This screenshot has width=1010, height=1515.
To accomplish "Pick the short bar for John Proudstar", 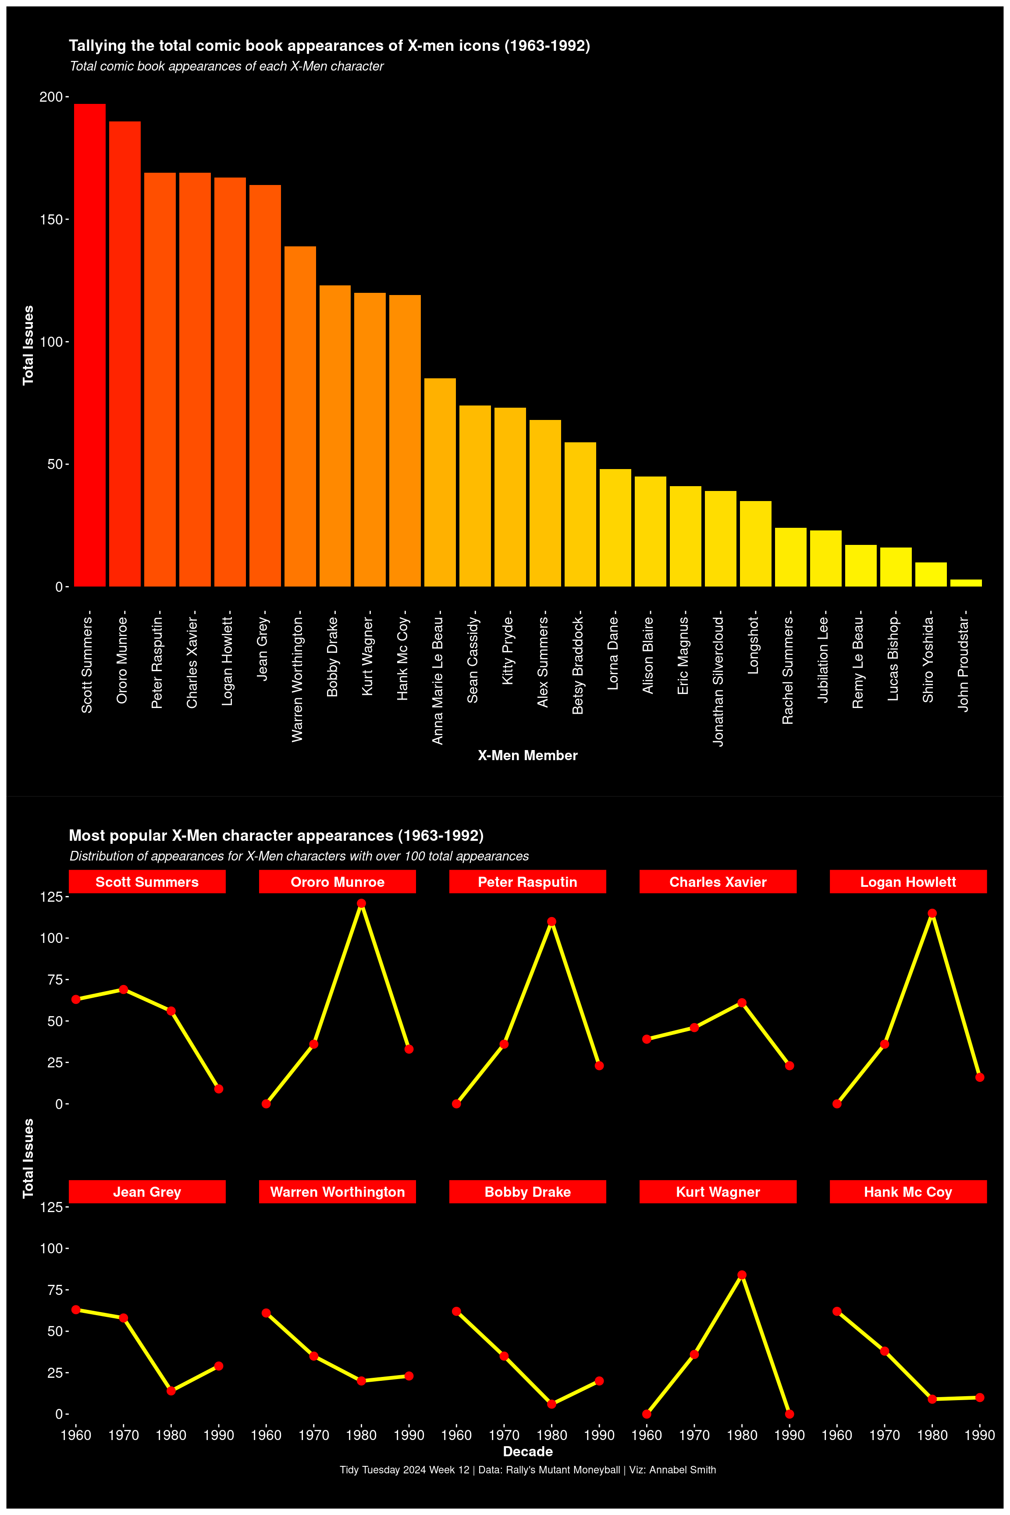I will click(x=966, y=583).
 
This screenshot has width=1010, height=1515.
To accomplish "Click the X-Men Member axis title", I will click(x=527, y=756).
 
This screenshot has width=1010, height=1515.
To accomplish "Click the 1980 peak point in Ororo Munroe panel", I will click(x=361, y=904).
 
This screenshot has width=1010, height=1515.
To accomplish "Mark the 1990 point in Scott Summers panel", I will click(x=219, y=1088).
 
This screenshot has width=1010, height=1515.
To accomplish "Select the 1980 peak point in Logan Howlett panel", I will click(x=932, y=914).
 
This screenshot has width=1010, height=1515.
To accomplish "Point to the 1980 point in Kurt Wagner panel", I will click(x=742, y=1275).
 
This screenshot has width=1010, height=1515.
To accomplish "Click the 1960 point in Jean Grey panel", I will click(x=76, y=1309).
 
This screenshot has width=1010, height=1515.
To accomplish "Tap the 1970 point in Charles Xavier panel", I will click(x=694, y=1028).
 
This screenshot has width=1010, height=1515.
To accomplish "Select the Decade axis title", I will click(x=527, y=1451).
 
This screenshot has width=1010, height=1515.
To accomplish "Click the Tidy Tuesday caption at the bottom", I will click(x=527, y=1470).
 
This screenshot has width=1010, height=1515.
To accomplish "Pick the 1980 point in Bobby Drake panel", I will click(x=551, y=1404).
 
